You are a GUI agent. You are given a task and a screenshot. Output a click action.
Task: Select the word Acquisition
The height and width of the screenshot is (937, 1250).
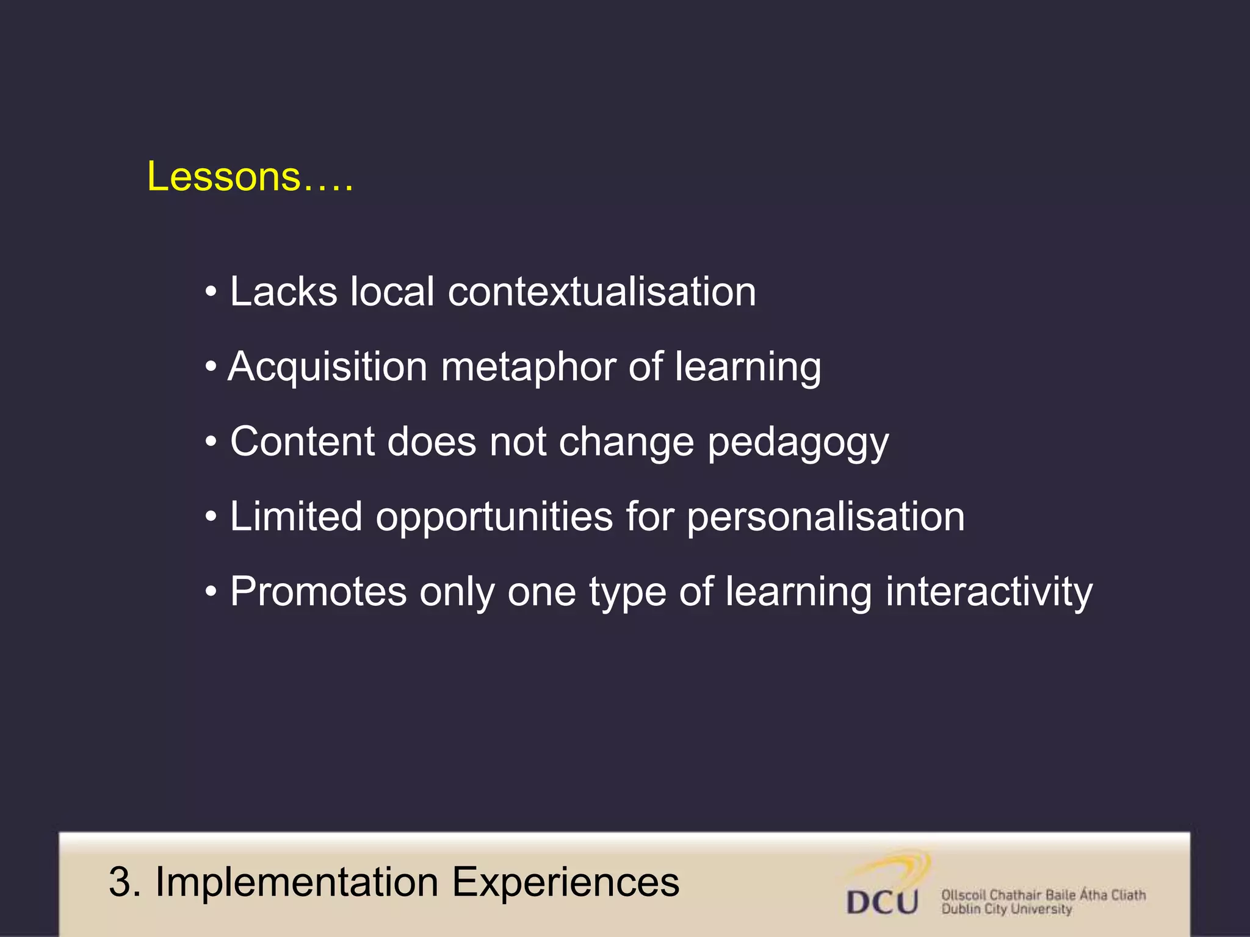327,367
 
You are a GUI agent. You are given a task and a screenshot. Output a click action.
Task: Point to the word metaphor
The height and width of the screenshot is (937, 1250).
527,367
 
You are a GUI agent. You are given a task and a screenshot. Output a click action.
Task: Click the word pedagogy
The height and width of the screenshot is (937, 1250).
798,443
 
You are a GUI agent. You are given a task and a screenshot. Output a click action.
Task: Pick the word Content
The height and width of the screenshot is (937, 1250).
302,442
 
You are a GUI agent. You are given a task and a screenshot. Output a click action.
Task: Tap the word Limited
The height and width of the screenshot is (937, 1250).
296,517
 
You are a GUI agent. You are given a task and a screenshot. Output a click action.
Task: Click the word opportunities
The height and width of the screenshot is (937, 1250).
493,518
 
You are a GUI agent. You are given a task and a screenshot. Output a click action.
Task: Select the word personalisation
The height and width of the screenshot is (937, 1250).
825,517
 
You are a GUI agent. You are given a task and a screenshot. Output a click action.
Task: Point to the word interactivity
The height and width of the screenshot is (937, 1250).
989,592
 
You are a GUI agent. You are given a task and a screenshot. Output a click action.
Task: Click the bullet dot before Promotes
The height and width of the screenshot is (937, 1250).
211,592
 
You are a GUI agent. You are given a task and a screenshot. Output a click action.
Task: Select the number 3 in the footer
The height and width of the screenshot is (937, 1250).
120,882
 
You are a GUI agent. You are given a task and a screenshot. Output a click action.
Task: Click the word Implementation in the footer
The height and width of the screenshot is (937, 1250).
297,882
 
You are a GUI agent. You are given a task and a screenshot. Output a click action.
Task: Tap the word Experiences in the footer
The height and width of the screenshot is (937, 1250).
565,882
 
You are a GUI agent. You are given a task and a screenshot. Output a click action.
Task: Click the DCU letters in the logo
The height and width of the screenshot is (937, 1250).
883,902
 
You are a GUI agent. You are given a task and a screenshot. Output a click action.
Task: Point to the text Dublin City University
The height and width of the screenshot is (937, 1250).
1006,910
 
